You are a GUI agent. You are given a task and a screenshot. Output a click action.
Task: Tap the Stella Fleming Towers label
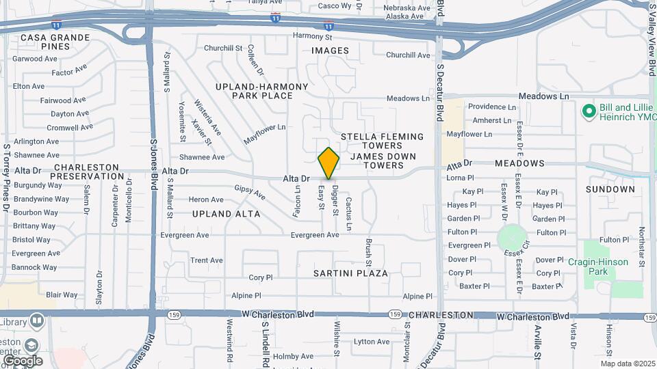click(381, 141)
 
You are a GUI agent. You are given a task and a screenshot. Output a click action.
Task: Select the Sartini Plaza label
click(350, 273)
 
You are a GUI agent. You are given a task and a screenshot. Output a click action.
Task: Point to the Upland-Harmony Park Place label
click(254, 91)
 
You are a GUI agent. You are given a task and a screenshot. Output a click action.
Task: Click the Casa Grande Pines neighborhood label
click(55, 42)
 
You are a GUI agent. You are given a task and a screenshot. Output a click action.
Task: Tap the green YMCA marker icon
click(588, 111)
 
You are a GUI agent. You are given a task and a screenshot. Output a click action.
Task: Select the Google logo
click(23, 360)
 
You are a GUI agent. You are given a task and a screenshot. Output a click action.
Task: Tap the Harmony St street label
click(311, 36)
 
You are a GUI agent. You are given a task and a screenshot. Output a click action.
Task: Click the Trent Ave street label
click(207, 260)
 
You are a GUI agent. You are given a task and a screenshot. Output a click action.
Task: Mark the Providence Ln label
click(491, 107)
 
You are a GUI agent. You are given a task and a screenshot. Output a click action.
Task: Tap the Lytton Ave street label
click(372, 342)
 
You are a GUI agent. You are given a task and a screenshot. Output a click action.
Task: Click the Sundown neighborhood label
click(610, 189)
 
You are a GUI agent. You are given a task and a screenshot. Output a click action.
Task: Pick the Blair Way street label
click(62, 295)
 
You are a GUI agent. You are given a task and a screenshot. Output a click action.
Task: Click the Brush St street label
click(368, 252)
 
